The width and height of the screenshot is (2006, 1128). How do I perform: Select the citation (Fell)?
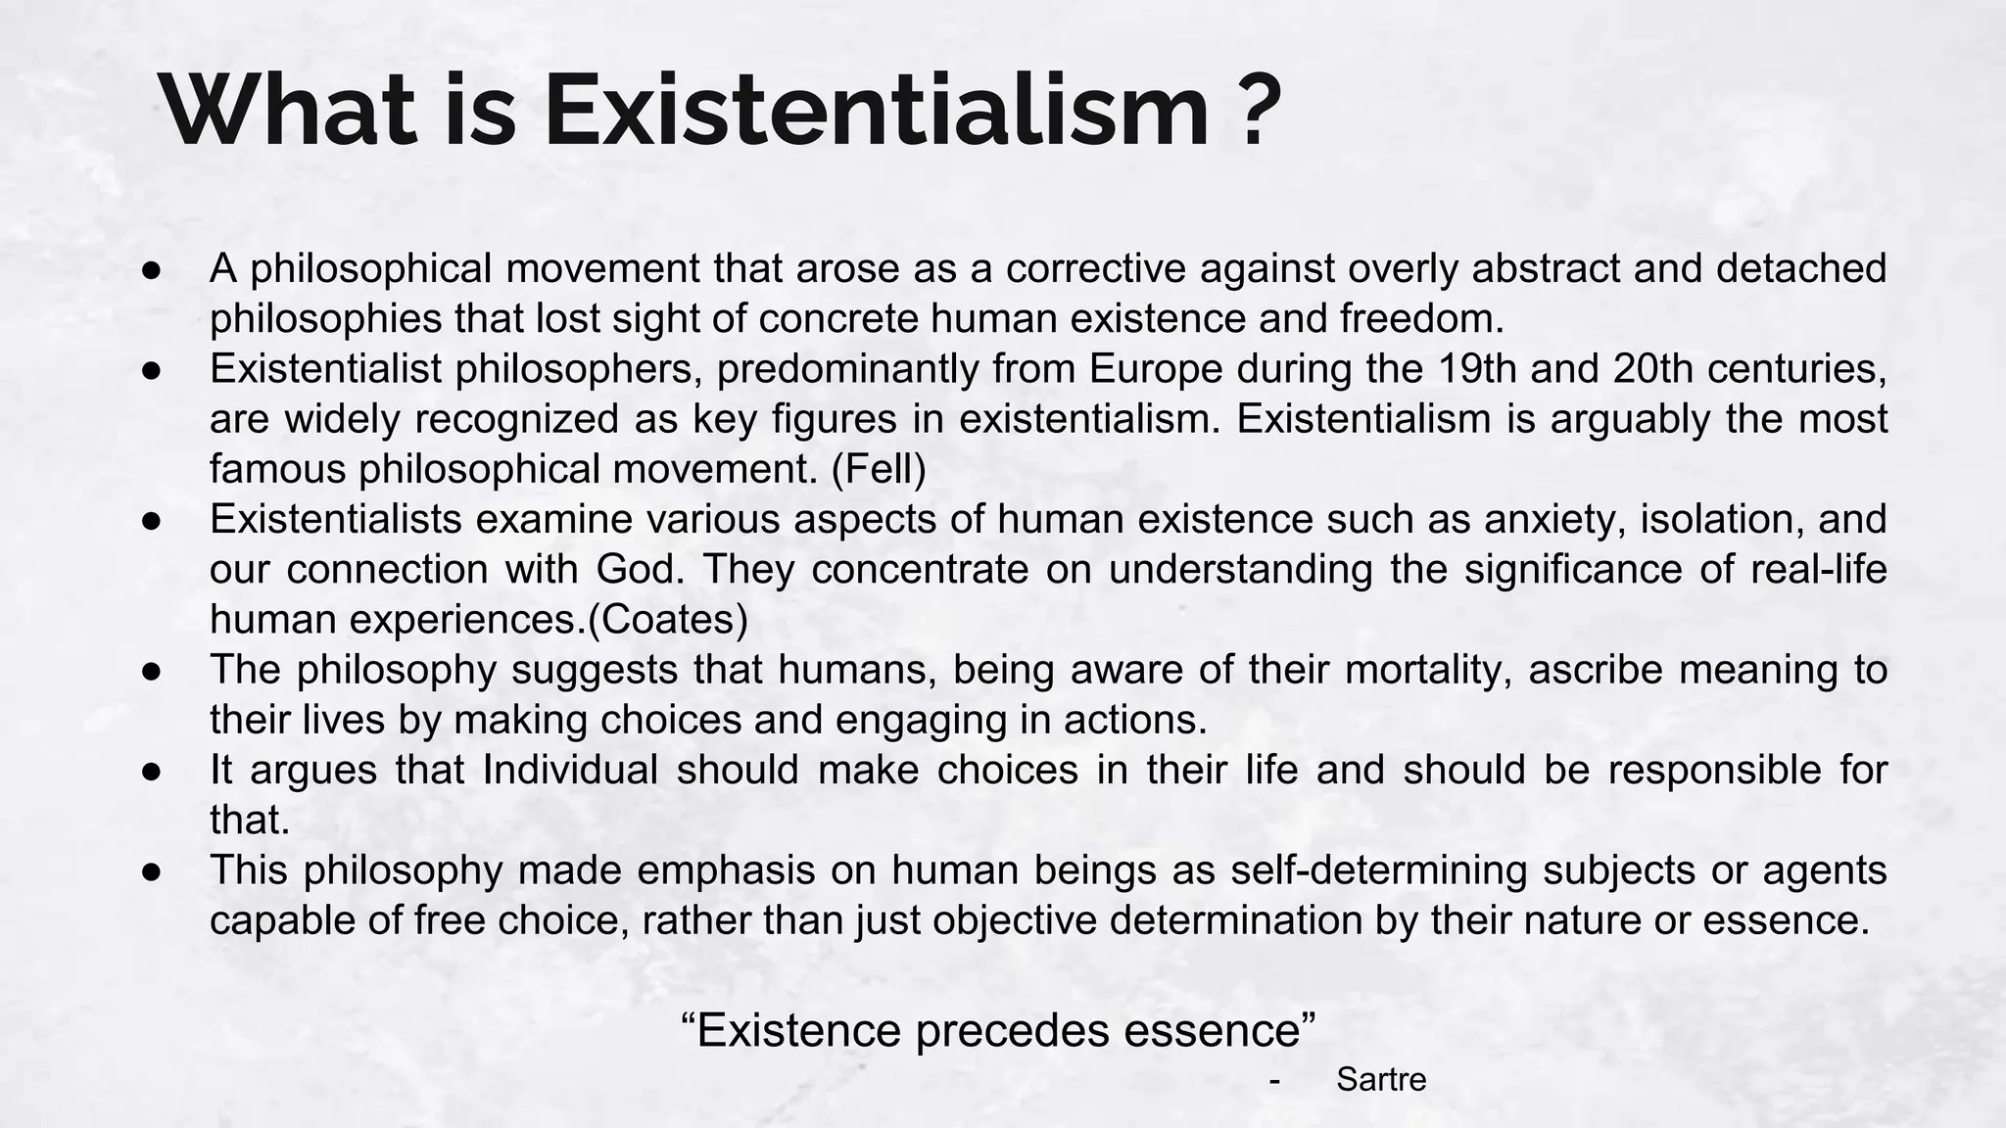(x=879, y=469)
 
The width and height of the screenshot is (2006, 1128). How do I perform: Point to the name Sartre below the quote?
(x=1381, y=1080)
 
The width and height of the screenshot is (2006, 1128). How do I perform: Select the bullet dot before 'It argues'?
(x=151, y=771)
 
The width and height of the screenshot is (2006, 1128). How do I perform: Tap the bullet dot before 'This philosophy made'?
(x=151, y=870)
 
